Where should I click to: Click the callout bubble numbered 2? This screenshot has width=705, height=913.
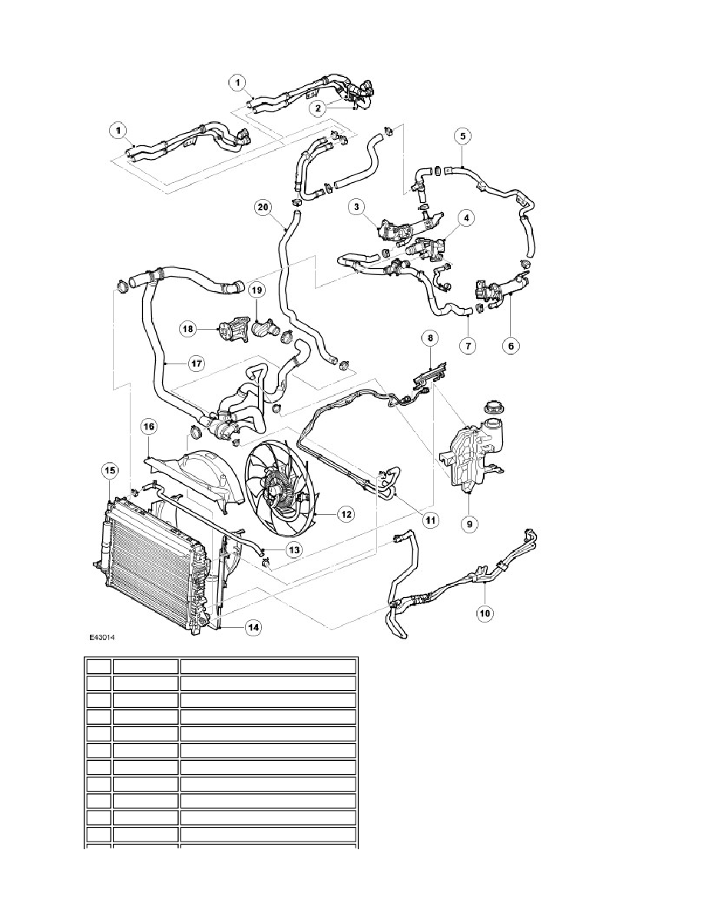coord(315,109)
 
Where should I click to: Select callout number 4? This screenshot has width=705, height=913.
coord(465,218)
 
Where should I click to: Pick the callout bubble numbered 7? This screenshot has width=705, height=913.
coord(466,347)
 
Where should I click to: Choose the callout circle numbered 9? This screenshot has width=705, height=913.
coord(468,526)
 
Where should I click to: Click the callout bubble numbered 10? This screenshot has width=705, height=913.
coord(485,613)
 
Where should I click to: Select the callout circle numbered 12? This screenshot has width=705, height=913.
coord(346,513)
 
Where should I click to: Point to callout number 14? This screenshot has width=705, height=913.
coord(253,627)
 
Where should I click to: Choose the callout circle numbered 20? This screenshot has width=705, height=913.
coord(263,207)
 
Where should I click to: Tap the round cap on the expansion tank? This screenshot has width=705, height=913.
coord(489,407)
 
